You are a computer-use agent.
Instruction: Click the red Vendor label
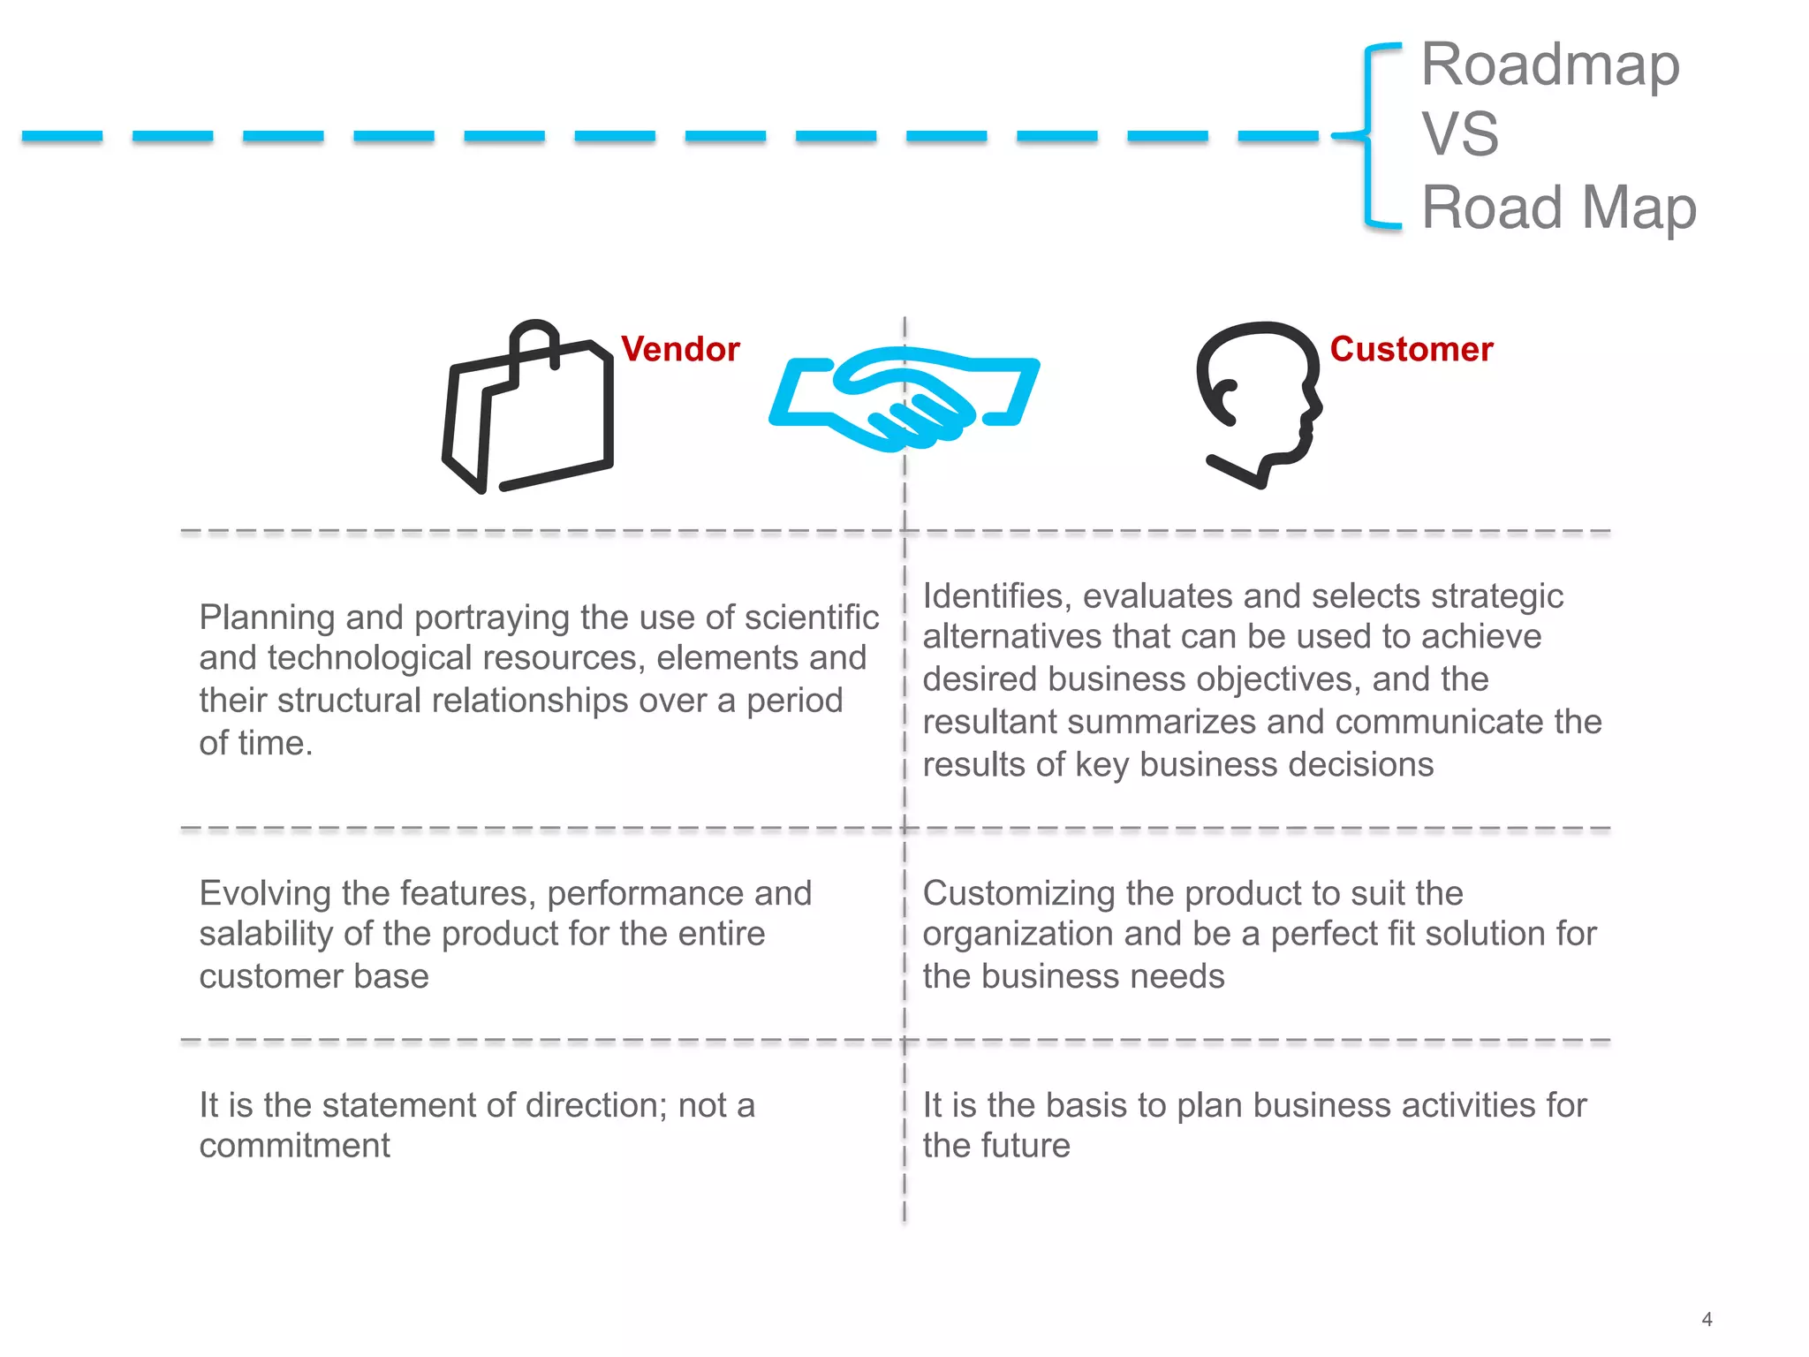(x=679, y=349)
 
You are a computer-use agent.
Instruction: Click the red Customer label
(x=1411, y=349)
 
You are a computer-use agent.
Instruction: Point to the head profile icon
(x=1259, y=402)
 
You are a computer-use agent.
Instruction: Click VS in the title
(x=1459, y=134)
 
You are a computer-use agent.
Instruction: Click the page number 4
(x=1707, y=1319)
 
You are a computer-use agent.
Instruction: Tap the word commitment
(x=294, y=1146)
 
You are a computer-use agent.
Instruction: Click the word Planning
(x=266, y=617)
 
